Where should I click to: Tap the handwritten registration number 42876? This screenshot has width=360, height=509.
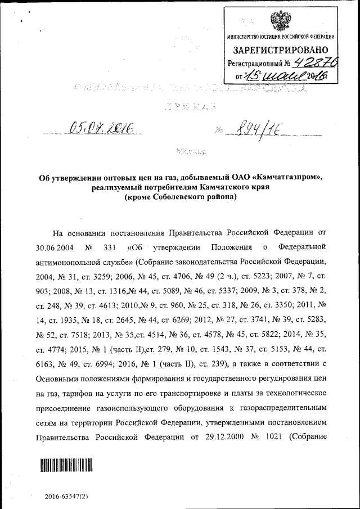[x=311, y=63]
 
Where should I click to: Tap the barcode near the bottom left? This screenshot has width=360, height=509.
[x=65, y=465]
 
